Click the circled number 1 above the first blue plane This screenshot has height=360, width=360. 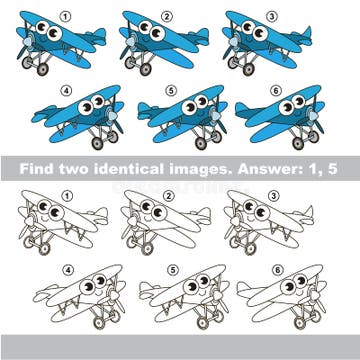point(66,16)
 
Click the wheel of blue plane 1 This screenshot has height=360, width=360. point(40,71)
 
